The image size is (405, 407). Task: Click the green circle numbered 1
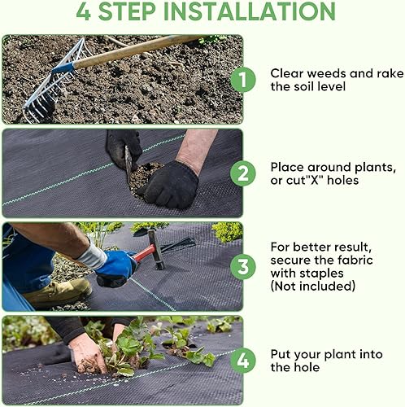(241, 80)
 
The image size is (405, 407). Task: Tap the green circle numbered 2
(241, 173)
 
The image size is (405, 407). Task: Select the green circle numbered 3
(241, 266)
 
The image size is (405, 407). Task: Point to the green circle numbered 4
(241, 360)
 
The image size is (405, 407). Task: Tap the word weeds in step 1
(327, 73)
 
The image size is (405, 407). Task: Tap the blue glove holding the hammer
(116, 268)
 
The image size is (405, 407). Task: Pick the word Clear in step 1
(288, 73)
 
